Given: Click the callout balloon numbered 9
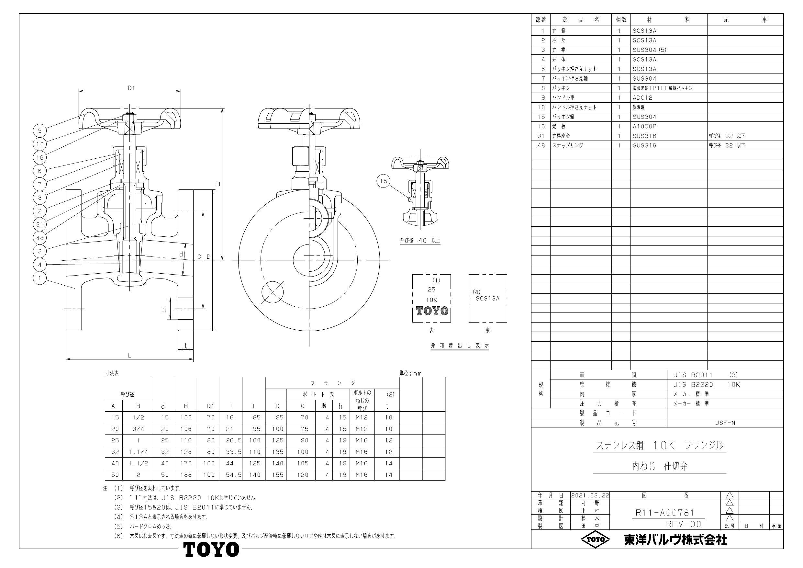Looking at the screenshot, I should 40,131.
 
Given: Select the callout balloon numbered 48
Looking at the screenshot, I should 40,238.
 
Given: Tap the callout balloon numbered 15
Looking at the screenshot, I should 384,181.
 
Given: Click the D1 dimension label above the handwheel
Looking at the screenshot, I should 131,88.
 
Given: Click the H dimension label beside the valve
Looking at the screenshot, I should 218,184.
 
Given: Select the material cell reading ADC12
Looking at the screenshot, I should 642,98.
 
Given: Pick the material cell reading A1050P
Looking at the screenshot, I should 644,126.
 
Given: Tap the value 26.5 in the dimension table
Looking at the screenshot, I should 231,441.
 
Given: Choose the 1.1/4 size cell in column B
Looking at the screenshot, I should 139,452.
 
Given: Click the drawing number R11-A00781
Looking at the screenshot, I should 665,513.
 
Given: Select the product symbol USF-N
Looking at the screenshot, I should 725,423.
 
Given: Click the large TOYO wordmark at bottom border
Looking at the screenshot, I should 212,550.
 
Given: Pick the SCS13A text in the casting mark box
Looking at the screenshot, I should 487,299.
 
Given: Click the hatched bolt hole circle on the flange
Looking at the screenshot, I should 273,291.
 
